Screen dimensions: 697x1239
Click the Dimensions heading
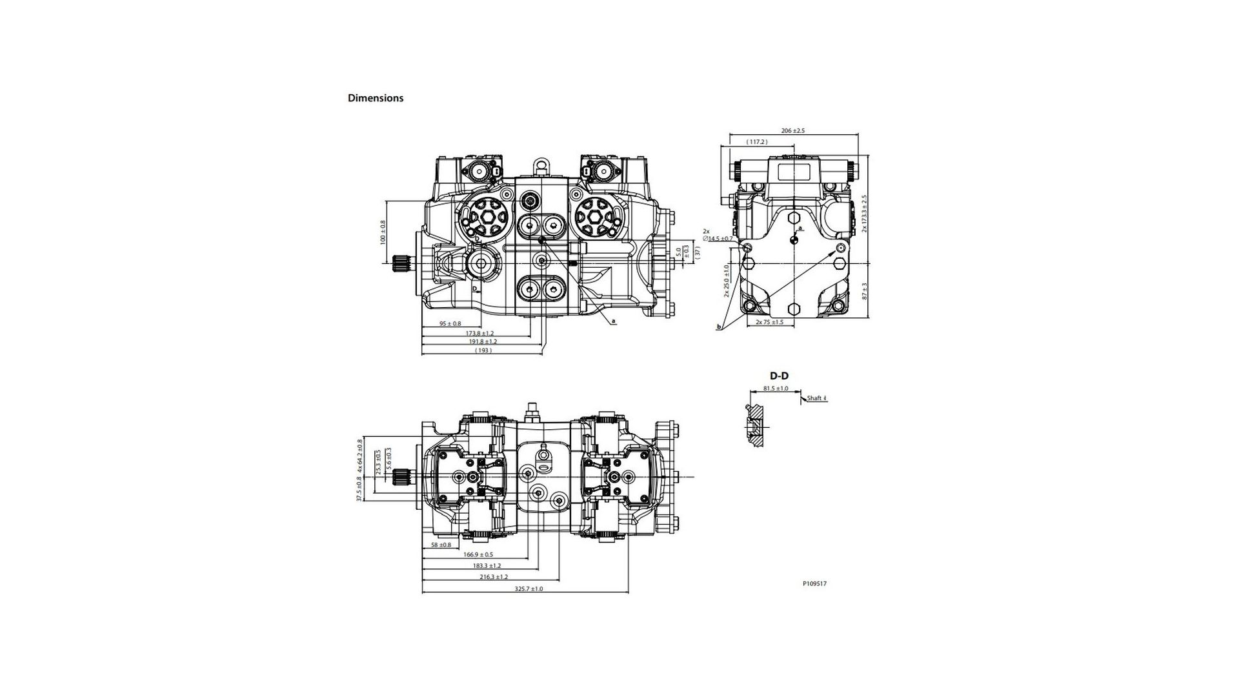(x=375, y=98)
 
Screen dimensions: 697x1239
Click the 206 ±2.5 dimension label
(x=792, y=131)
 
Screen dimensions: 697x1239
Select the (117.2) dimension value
(x=756, y=142)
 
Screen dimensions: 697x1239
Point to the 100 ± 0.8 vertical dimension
(x=382, y=232)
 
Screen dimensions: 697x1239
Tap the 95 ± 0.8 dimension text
(x=450, y=323)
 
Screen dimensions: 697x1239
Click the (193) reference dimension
(x=483, y=350)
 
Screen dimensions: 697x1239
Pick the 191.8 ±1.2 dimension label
(x=483, y=341)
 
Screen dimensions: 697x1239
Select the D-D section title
(x=778, y=376)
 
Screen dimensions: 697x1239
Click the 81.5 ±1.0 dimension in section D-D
(x=775, y=389)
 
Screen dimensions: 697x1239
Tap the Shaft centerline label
(x=816, y=398)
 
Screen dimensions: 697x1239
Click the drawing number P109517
(x=814, y=583)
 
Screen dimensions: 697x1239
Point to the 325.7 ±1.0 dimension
(x=529, y=589)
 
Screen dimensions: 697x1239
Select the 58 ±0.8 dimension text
(x=441, y=545)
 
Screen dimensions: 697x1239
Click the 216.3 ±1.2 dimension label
(x=494, y=576)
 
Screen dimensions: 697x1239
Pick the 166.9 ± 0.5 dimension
(x=478, y=554)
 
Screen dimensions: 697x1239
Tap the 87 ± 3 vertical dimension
(x=865, y=291)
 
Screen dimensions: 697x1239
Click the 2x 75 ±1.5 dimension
(x=769, y=321)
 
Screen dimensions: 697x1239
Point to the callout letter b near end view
(x=718, y=328)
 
